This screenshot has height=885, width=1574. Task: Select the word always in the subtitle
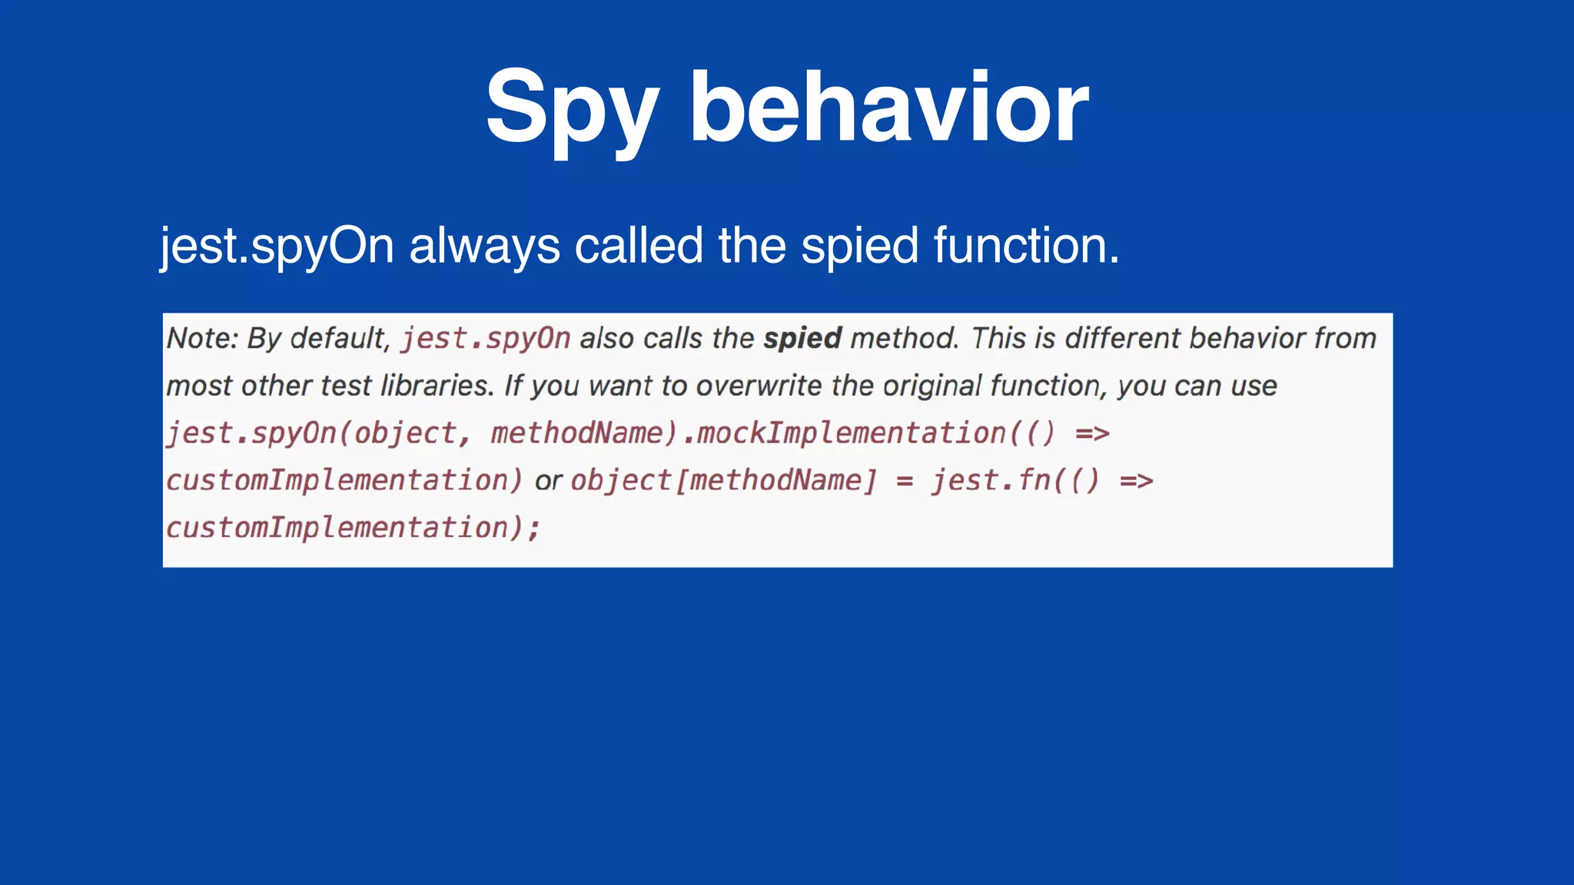point(484,246)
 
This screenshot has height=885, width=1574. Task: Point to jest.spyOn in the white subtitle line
point(277,247)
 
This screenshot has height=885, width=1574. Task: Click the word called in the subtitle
point(639,246)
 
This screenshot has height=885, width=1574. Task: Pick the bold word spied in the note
point(802,338)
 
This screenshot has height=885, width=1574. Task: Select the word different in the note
point(1123,338)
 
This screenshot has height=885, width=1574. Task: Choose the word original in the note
point(931,386)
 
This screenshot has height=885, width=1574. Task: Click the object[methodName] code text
point(723,481)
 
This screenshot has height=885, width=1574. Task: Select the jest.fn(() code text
point(1015,481)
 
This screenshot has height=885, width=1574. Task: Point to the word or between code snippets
point(548,482)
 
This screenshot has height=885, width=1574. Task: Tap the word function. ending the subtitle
point(1026,246)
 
